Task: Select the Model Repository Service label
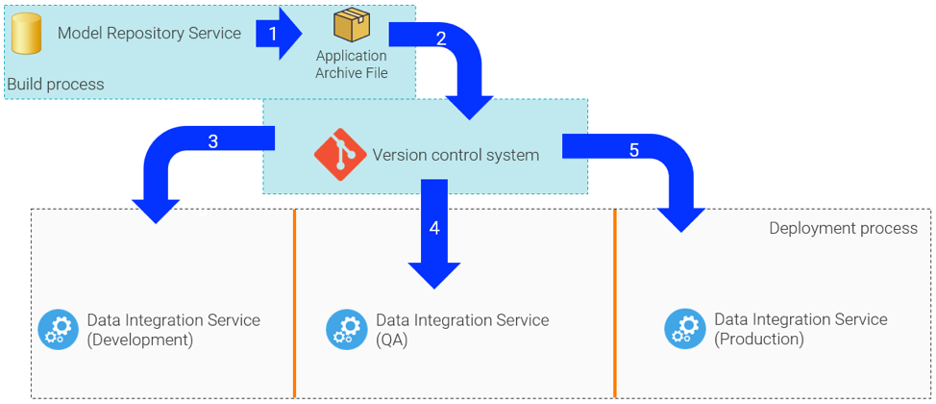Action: coord(149,34)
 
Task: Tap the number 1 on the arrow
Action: coord(273,34)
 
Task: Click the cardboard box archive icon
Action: coord(351,26)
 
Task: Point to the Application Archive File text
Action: coord(351,64)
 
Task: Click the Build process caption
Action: coord(56,85)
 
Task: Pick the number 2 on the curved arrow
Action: coord(441,39)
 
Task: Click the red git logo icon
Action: coord(339,154)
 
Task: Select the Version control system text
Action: coord(456,155)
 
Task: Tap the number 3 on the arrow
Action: coord(212,141)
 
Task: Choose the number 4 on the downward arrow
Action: coord(434,228)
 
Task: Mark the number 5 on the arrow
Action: coord(633,150)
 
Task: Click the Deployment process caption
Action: coord(843,229)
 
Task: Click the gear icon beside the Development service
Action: coord(57,329)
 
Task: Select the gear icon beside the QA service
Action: coord(345,329)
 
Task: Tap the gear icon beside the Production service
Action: coord(683,329)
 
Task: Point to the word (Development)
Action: coord(140,340)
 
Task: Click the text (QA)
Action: coord(392,340)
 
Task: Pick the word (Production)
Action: coord(759,340)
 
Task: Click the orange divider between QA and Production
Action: coord(615,303)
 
